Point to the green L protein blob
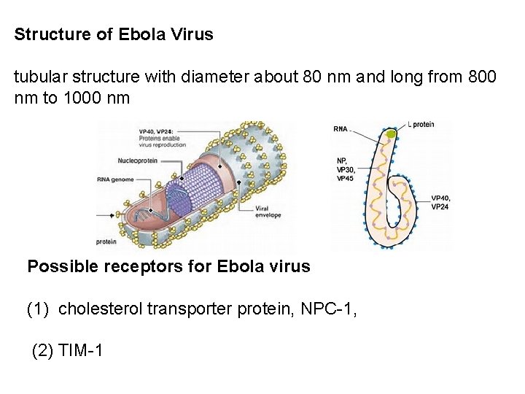click(x=392, y=134)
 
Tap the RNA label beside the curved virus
click(x=341, y=129)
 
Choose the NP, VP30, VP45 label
click(x=346, y=169)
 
